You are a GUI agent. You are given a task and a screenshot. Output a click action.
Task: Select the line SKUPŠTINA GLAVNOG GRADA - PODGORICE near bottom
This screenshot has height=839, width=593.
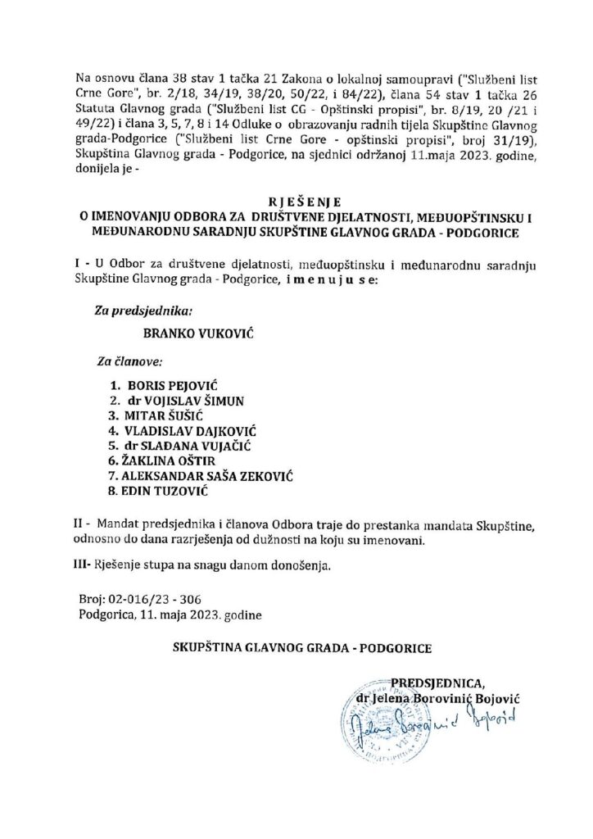[x=302, y=647]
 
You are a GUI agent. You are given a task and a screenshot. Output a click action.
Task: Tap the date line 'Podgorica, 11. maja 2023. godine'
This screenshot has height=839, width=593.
[x=173, y=614]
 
